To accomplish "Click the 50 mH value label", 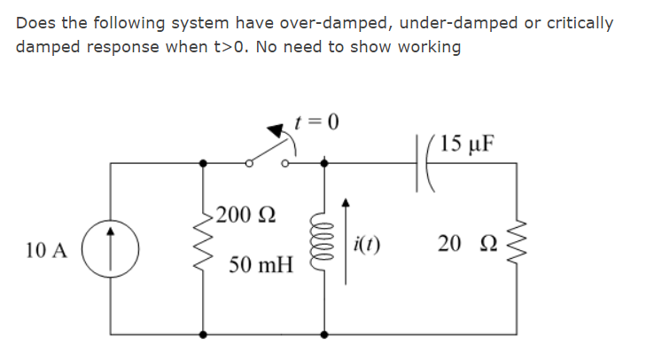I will click(260, 264).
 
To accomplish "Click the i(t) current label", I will click(367, 246).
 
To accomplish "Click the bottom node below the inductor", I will click(324, 334).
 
